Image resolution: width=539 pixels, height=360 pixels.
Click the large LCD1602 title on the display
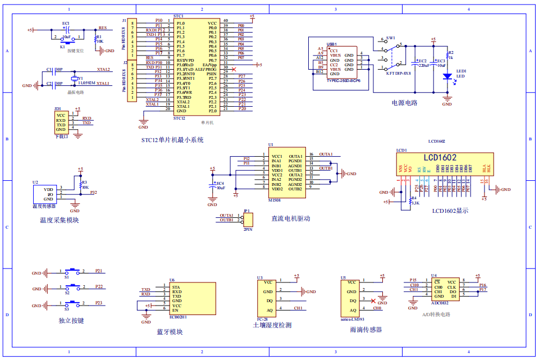pyautogui.click(x=440, y=158)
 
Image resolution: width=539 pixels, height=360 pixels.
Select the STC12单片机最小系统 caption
pyautogui.click(x=172, y=140)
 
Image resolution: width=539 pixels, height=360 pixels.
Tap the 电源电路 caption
pyautogui.click(x=404, y=103)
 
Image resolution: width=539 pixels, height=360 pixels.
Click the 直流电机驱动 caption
pyautogui.click(x=290, y=218)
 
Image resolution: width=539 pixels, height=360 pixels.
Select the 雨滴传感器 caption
pyautogui.click(x=366, y=330)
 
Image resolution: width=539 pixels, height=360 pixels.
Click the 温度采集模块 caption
pyautogui.click(x=59, y=221)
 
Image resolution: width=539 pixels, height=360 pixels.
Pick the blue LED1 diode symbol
pyautogui.click(x=447, y=76)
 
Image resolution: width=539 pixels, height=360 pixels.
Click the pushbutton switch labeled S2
pyautogui.click(x=74, y=289)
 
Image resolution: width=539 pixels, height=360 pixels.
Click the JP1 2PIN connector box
pyautogui.click(x=248, y=220)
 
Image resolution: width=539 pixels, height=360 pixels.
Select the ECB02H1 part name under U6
pyautogui.click(x=179, y=317)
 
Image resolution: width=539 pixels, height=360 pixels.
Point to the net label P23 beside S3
pyautogui.click(x=99, y=303)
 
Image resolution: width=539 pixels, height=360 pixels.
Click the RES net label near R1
pyautogui.click(x=102, y=28)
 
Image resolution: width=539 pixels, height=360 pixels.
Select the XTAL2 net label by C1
pyautogui.click(x=103, y=69)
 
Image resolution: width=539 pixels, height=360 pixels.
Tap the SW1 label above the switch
pyautogui.click(x=391, y=37)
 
